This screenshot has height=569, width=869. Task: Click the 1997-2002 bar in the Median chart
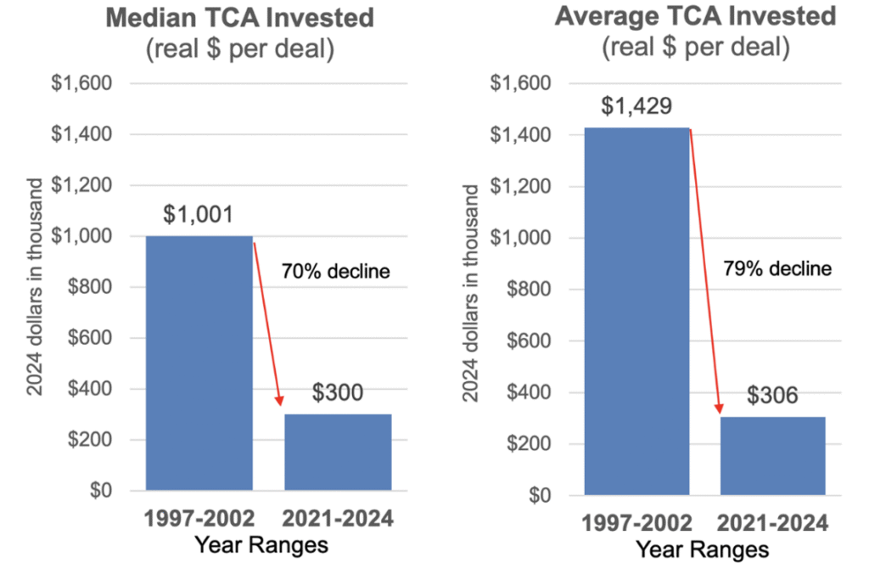click(x=199, y=363)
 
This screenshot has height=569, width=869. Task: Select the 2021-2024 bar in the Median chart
click(x=338, y=452)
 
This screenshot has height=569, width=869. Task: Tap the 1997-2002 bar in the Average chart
click(x=636, y=311)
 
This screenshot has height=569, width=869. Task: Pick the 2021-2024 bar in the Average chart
click(x=772, y=455)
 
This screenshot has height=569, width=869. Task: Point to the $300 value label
click(x=338, y=393)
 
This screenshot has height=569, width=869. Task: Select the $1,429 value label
click(x=636, y=107)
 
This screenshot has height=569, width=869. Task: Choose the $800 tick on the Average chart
click(x=526, y=290)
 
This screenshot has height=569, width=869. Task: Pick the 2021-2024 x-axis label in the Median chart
click(x=338, y=518)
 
